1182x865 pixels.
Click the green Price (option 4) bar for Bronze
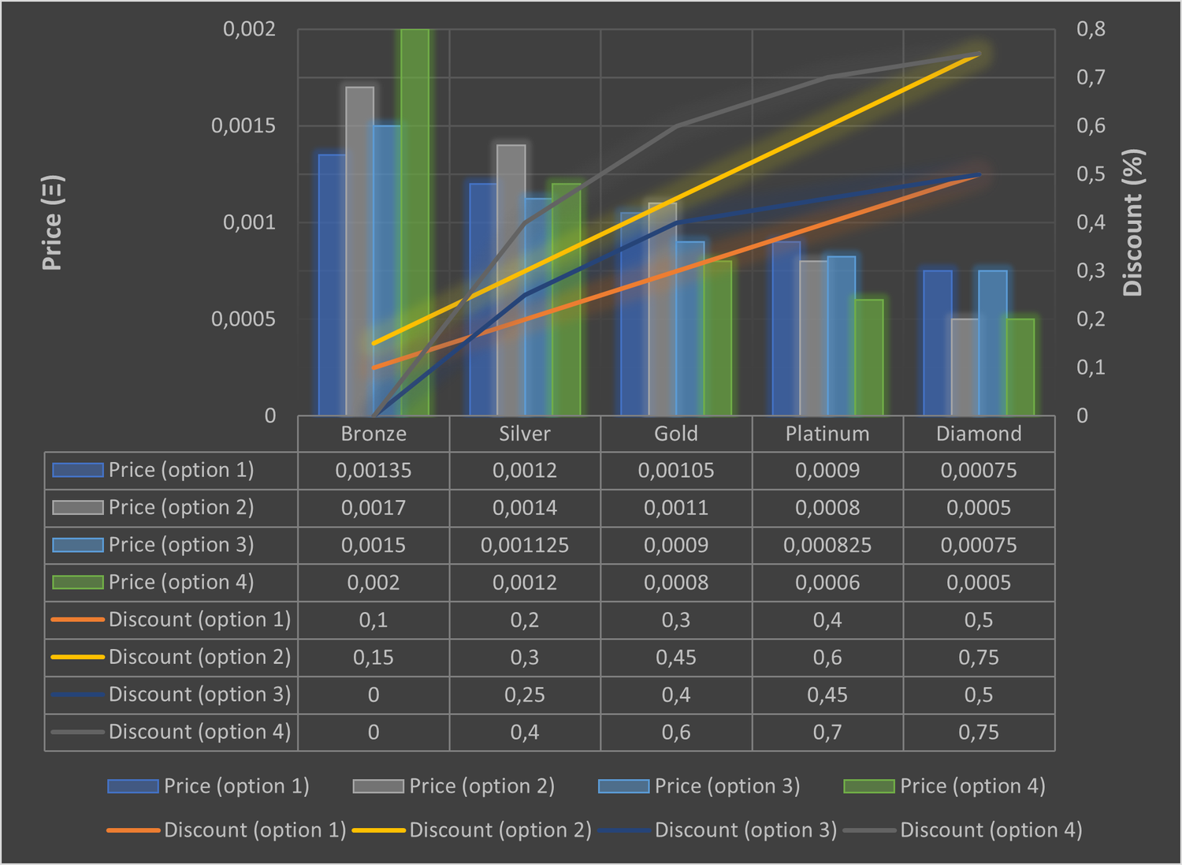tap(415, 221)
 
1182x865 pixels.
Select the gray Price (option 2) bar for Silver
tap(511, 280)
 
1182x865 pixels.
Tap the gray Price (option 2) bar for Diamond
tap(965, 367)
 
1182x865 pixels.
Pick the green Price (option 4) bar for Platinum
tap(869, 357)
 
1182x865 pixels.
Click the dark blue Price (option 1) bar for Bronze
tap(332, 284)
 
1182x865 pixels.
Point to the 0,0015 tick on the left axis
tap(243, 126)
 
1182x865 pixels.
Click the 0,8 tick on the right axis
tap(1091, 29)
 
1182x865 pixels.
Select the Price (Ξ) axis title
tap(52, 223)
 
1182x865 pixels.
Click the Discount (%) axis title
tap(1132, 223)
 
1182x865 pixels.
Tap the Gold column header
tap(676, 434)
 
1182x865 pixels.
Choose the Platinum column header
tap(827, 434)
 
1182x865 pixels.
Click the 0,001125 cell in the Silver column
tap(525, 546)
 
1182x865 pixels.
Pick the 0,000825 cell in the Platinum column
tap(827, 546)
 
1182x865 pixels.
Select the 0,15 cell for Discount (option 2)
tap(374, 658)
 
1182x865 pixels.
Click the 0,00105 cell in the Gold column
tap(676, 471)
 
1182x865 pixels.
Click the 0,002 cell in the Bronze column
tap(374, 583)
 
